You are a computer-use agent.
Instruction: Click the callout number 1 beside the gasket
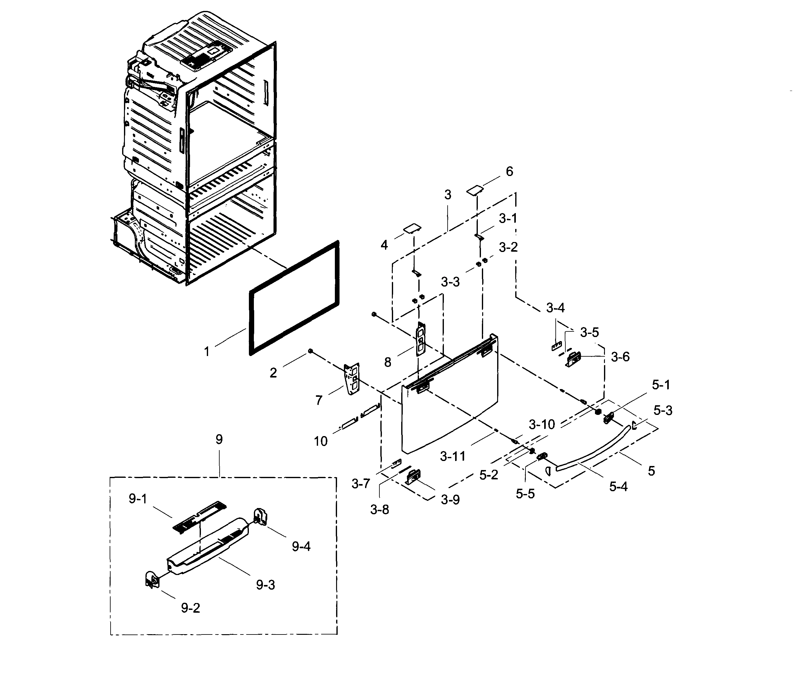pyautogui.click(x=207, y=351)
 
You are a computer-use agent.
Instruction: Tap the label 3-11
pyautogui.click(x=453, y=456)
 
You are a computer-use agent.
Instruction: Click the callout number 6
pyautogui.click(x=509, y=172)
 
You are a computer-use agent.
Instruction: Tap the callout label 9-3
pyautogui.click(x=265, y=585)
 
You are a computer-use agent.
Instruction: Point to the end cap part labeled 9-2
pyautogui.click(x=151, y=579)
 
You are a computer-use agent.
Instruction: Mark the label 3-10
pyautogui.click(x=542, y=425)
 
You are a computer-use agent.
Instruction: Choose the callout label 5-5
pyautogui.click(x=525, y=494)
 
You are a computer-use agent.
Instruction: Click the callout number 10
pyautogui.click(x=320, y=441)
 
